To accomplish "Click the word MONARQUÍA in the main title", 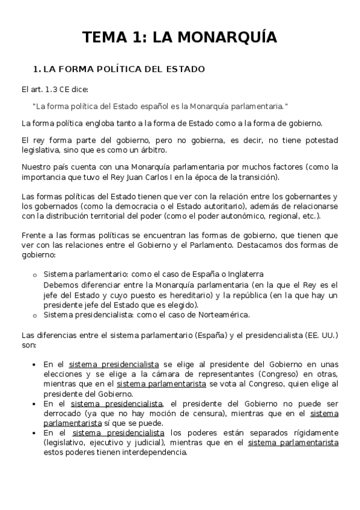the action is coord(214,38).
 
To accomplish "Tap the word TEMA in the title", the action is coord(103,38).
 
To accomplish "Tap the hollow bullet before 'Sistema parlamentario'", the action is coord(34,275).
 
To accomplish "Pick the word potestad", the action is coord(319,140).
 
